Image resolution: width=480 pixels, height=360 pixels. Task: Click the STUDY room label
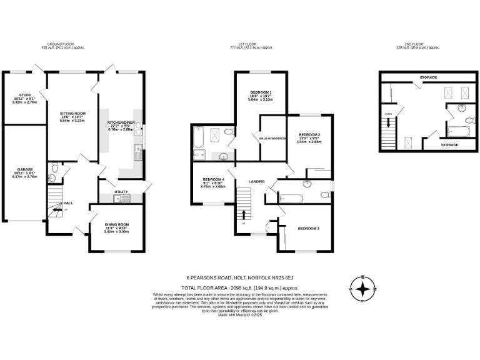(24, 96)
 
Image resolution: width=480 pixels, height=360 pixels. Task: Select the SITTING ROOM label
(73, 114)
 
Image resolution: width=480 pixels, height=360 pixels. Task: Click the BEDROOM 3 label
(309, 229)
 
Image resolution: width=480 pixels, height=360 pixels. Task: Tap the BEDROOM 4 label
(212, 179)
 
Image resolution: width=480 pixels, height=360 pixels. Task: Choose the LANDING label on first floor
(257, 182)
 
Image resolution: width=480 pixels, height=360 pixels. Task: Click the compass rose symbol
(362, 289)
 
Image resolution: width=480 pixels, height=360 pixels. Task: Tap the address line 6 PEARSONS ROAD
(240, 278)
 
